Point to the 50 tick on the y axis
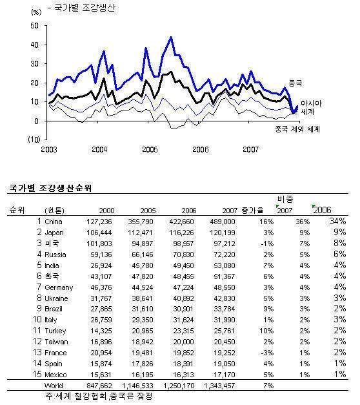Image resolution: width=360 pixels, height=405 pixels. tap(35, 26)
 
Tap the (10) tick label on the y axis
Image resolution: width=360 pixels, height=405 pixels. tap(34, 140)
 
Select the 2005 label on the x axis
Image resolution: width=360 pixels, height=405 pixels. tap(150, 150)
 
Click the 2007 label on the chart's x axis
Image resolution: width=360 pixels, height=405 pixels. tap(250, 150)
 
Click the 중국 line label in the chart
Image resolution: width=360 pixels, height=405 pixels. tap(295, 83)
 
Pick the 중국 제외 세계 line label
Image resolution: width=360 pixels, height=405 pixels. tap(297, 129)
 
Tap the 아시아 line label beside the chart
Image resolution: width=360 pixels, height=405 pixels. tap(311, 103)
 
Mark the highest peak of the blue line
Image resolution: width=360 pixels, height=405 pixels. tap(171, 37)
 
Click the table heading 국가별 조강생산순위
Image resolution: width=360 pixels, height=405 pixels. tap(50, 188)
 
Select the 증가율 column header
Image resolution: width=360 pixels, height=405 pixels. tap(253, 210)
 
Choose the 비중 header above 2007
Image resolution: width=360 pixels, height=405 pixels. tap(285, 200)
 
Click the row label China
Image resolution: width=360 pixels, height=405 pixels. tap(54, 222)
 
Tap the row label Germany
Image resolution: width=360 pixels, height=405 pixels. tap(59, 287)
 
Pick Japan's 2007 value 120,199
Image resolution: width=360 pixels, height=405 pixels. tap(223, 233)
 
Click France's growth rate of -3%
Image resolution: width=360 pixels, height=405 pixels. tap(267, 353)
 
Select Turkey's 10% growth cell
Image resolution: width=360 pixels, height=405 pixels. tap(267, 331)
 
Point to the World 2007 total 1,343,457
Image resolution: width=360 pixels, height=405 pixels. tap(219, 386)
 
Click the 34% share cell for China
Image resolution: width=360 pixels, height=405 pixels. tap(337, 222)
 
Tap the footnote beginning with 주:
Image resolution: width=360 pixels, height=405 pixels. tap(99, 396)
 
